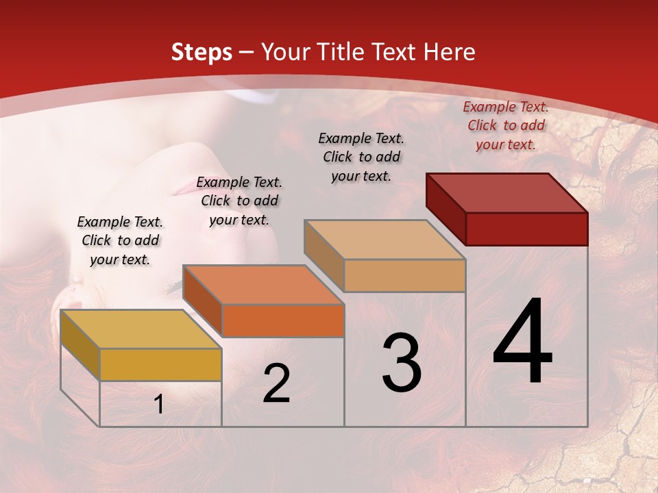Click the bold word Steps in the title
pyautogui.click(x=202, y=52)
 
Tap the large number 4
pyautogui.click(x=522, y=342)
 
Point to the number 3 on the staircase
pyautogui.click(x=402, y=362)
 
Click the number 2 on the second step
pyautogui.click(x=276, y=383)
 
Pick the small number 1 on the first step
pyautogui.click(x=159, y=405)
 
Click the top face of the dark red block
pyautogui.click(x=507, y=192)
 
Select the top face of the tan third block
pyautogui.click(x=385, y=240)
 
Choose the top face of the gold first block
pyautogui.click(x=141, y=329)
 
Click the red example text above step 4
pyautogui.click(x=506, y=125)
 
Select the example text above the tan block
pyautogui.click(x=361, y=157)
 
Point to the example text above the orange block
pyautogui.click(x=239, y=201)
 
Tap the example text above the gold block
pyautogui.click(x=120, y=240)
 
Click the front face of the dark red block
pyautogui.click(x=526, y=229)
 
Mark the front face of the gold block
pyautogui.click(x=160, y=364)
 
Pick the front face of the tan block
pyautogui.click(x=404, y=275)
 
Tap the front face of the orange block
pyautogui.click(x=282, y=320)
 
